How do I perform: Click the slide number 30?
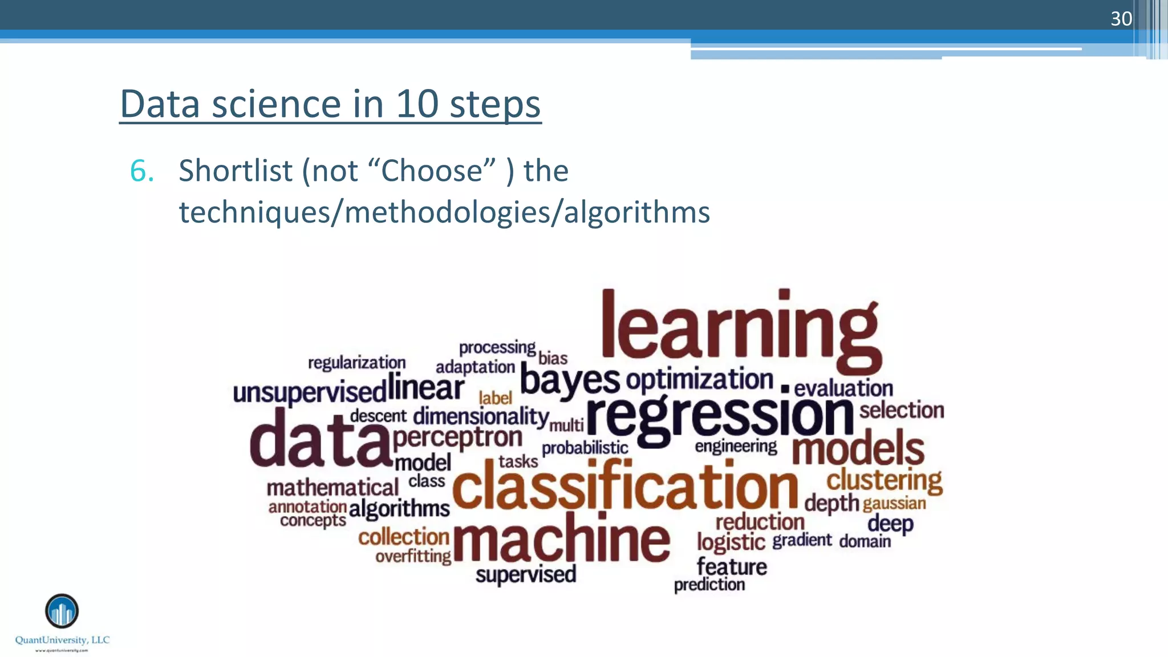pos(1121,19)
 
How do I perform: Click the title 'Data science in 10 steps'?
pos(330,104)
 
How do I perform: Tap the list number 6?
pos(141,171)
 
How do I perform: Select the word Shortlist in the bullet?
pos(236,171)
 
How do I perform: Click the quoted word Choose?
pos(432,171)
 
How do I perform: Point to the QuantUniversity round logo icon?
pos(62,611)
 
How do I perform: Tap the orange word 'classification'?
pos(625,486)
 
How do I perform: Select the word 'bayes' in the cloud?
pos(569,380)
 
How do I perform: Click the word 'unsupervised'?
pos(310,393)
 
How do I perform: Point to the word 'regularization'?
pos(357,363)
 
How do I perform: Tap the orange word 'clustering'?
pos(884,480)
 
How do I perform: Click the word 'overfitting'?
pos(413,557)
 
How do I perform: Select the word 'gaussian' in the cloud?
pos(894,504)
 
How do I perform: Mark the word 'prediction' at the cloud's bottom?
pos(709,585)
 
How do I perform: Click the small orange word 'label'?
pos(495,398)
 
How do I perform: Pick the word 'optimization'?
pos(699,380)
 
